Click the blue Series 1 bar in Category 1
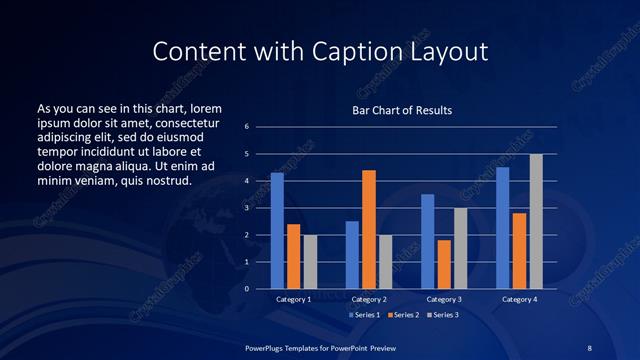[x=277, y=230]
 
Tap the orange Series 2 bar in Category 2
[x=368, y=229]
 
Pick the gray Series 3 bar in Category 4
[x=536, y=221]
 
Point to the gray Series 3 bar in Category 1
[x=310, y=261]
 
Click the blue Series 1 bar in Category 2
[x=352, y=254]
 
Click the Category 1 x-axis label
[x=293, y=299]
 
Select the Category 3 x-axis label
[x=443, y=299]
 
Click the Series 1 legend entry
[x=363, y=315]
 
